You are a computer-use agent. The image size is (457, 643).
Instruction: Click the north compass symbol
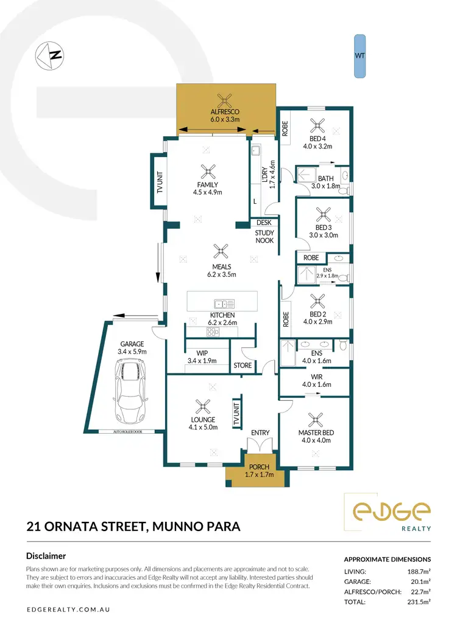pyautogui.click(x=50, y=55)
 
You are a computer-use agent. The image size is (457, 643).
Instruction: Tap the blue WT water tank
pyautogui.click(x=360, y=56)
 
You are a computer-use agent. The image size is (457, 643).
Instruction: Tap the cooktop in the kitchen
pyautogui.click(x=213, y=332)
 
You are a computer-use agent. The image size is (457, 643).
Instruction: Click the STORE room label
pyautogui.click(x=242, y=366)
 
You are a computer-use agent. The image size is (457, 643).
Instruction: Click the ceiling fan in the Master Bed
pyautogui.click(x=315, y=419)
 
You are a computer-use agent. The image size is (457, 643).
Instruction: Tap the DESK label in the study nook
pyautogui.click(x=264, y=223)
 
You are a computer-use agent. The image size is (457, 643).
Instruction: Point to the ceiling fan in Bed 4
pyautogui.click(x=316, y=126)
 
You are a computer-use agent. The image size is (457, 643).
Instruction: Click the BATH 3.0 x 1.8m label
pyautogui.click(x=325, y=182)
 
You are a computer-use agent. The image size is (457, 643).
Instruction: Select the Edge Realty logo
pyautogui.click(x=388, y=512)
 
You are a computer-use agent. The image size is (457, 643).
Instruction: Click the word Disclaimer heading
pyautogui.click(x=46, y=555)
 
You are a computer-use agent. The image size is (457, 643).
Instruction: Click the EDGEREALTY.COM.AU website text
pyautogui.click(x=68, y=609)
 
